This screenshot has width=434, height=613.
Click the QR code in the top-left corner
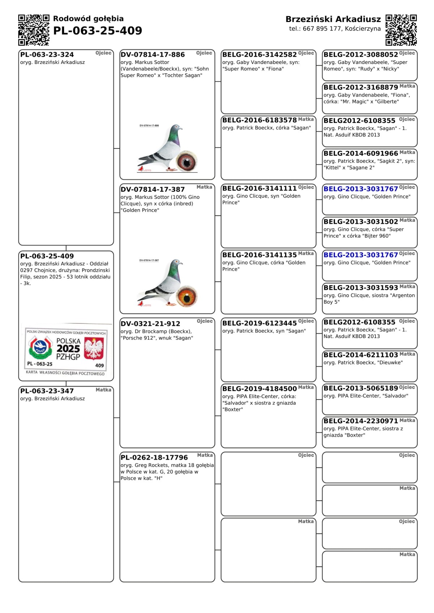coord(34,30)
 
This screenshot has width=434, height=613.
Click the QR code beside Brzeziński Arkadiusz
coord(401,30)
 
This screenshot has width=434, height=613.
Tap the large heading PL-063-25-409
coord(98,31)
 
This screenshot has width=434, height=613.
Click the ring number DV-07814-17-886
coord(153,55)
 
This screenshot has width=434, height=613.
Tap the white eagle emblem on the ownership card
coord(94,348)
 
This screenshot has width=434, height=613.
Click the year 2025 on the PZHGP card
coord(68,349)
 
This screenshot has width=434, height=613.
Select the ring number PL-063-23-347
coord(47,391)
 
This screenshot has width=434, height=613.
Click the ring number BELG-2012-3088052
coord(361,55)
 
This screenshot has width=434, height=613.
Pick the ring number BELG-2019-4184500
coord(259,389)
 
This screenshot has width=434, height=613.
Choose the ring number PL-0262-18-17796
coord(154,457)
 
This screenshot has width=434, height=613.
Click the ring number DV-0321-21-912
coord(150,324)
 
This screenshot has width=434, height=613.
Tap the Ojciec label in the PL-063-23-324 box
coord(103,53)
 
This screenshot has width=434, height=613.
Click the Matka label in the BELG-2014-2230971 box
coord(407,420)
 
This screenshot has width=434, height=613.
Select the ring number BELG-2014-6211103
coord(361,355)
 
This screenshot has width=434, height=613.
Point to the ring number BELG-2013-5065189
coord(361,388)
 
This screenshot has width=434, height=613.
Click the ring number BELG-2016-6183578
coord(259,120)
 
